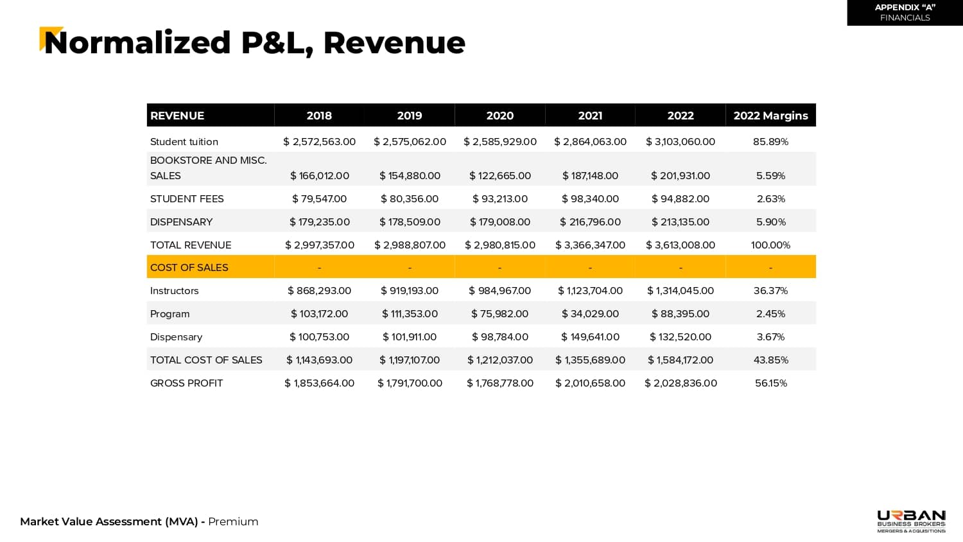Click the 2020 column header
[x=499, y=116]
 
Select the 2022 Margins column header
[x=770, y=116]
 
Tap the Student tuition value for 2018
[x=319, y=141]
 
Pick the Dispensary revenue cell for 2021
[x=590, y=222]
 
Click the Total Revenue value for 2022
[x=681, y=245]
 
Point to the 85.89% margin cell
[x=770, y=141]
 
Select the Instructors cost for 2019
[x=410, y=290]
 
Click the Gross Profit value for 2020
[x=499, y=383]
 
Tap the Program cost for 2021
[x=590, y=313]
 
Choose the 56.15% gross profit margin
[x=770, y=383]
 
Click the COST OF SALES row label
[x=189, y=267]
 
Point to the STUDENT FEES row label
[x=187, y=198]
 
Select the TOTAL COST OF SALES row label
[x=206, y=360]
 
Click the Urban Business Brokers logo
[x=911, y=521]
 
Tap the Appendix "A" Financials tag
[x=905, y=12]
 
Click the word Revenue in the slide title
[x=394, y=43]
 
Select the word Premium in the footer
[x=233, y=521]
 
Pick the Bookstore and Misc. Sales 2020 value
[x=499, y=175]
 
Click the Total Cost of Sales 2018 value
[x=319, y=360]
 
